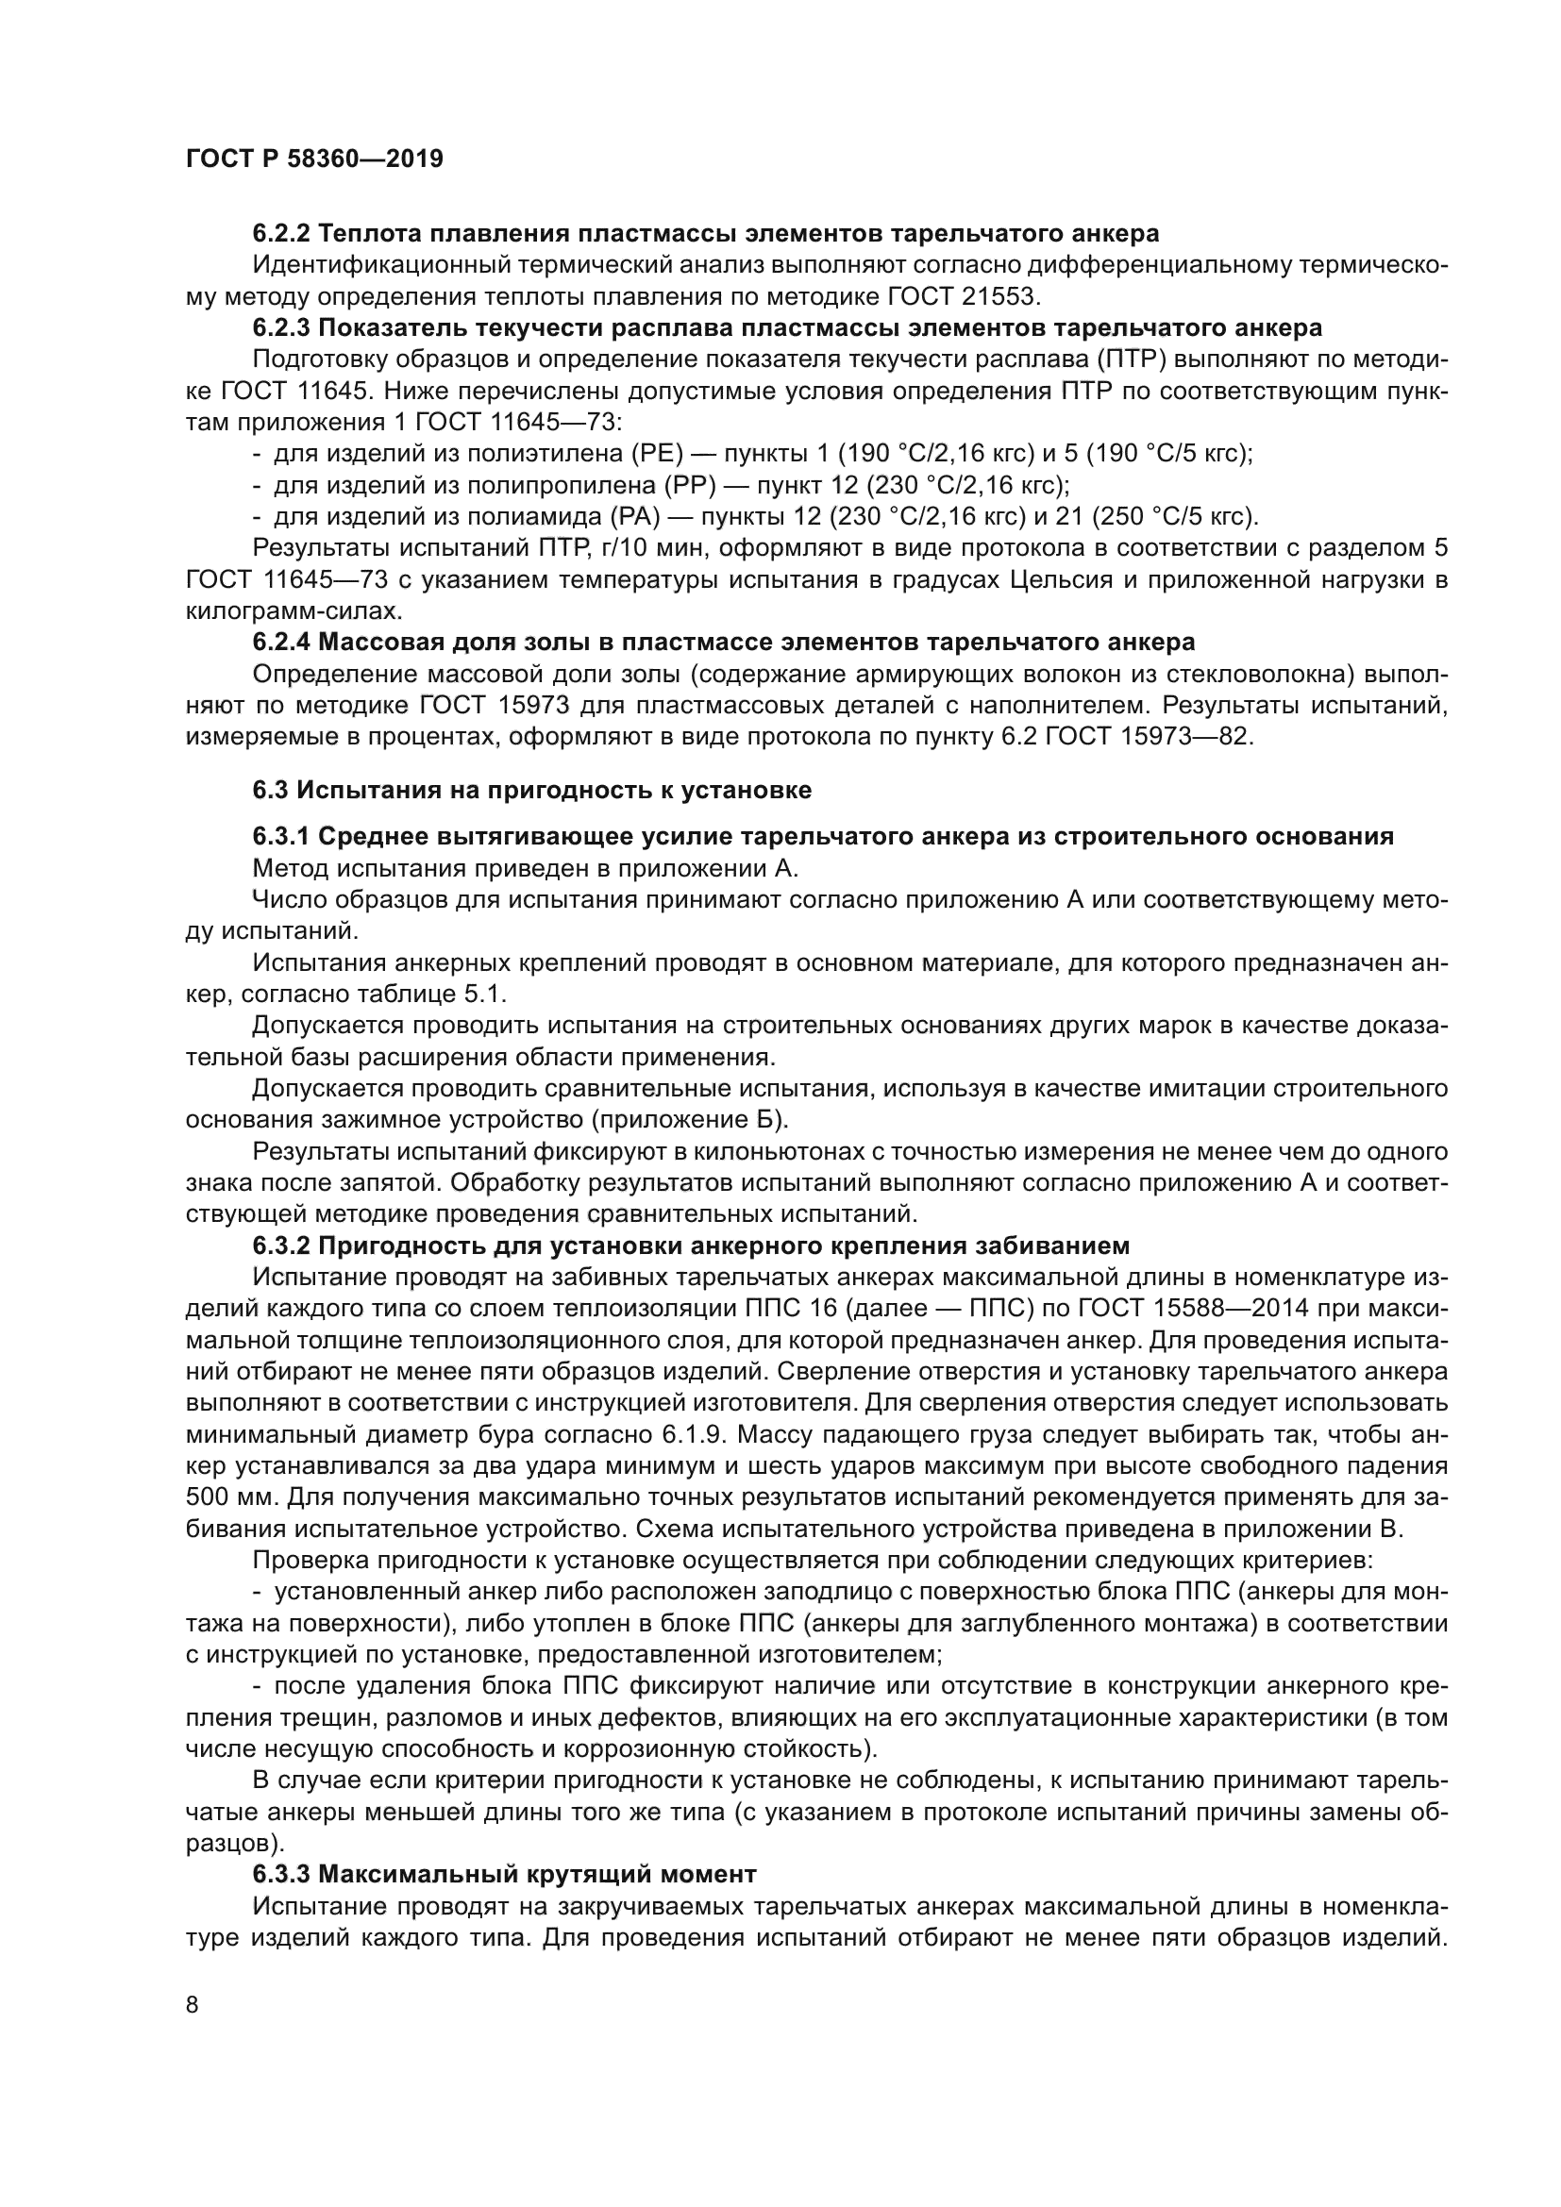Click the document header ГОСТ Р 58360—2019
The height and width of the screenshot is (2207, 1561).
314,159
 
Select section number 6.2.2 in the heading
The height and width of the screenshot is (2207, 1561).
281,234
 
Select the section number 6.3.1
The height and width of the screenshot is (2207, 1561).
281,836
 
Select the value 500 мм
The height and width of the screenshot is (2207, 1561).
229,1497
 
